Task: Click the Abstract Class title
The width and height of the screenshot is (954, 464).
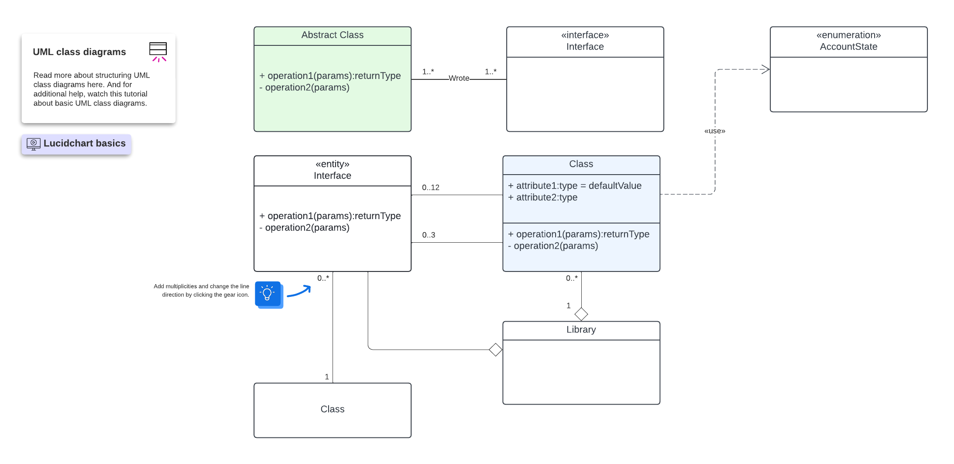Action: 332,35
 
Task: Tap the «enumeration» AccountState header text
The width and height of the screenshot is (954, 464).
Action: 848,41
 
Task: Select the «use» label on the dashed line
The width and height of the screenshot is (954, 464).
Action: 714,131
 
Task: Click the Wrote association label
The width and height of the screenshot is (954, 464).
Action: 459,78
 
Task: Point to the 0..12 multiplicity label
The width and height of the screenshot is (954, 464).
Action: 430,187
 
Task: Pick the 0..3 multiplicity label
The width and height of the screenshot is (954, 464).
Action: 428,235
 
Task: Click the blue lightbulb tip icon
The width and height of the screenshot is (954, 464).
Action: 268,294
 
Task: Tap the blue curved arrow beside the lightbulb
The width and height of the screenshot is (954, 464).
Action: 299,292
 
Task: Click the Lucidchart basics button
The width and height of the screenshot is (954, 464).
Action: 76,144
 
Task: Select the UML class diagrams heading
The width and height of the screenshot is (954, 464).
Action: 79,52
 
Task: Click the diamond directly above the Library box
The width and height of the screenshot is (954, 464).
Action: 581,314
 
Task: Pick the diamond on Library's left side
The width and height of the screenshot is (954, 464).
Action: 495,350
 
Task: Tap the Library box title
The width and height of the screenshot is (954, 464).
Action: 581,330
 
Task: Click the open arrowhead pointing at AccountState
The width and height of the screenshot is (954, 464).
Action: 765,69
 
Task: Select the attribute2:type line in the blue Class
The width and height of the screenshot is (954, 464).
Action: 542,198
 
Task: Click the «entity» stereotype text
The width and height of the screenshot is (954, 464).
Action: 332,164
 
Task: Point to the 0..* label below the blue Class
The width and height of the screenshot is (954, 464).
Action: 571,278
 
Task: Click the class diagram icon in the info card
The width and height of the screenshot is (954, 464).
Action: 158,52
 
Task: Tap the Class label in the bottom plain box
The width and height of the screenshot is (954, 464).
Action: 332,409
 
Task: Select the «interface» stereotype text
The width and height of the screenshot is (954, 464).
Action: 585,35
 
